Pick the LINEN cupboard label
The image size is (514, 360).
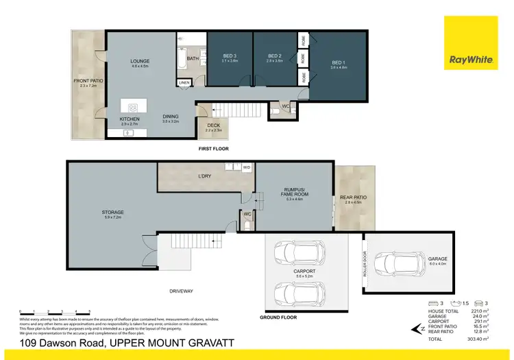pos(184,83)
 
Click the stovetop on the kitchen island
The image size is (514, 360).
pos(132,108)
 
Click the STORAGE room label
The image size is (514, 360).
pos(111,214)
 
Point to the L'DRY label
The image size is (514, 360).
pos(204,177)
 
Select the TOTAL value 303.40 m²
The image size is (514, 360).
pos(478,339)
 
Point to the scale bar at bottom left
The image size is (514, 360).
pos(55,312)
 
